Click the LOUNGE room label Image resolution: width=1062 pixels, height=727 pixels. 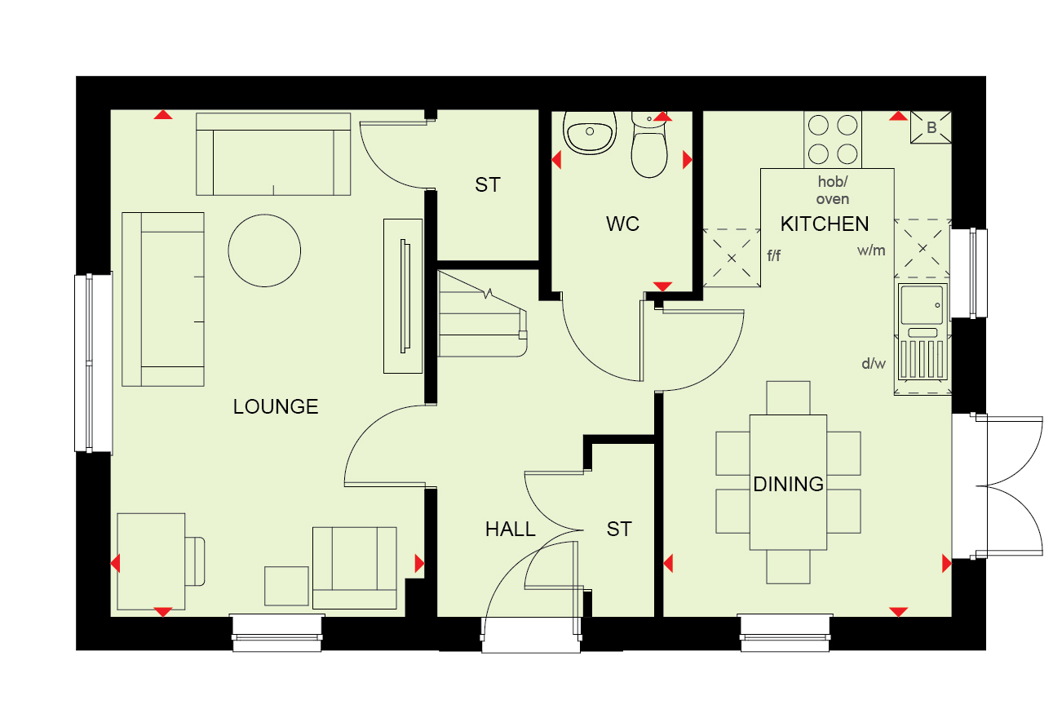coord(276,407)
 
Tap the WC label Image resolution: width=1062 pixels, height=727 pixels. coord(622,224)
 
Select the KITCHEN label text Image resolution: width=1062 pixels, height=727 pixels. coord(825,224)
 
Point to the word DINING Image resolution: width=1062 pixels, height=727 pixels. coord(788,484)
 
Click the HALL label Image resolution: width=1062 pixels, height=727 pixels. coord(510,530)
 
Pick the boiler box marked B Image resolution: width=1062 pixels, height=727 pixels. coord(931,127)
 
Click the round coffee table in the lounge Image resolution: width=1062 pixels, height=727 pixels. coord(264,250)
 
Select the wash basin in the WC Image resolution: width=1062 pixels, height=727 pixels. coord(589,132)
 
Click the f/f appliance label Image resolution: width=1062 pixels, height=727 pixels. coord(774,256)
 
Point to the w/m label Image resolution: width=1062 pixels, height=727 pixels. coord(871,250)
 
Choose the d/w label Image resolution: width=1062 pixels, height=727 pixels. coord(874,364)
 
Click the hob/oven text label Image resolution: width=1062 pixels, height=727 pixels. coord(833,190)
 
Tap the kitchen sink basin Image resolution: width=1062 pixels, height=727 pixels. coord(922,304)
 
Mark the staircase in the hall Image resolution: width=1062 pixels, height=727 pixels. coord(482,313)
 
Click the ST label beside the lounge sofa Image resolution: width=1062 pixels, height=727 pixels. coord(488,185)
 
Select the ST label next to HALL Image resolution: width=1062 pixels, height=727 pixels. coord(619,530)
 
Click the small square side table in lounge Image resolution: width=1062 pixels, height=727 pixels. coord(286,586)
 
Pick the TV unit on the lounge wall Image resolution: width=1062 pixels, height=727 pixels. coord(403,296)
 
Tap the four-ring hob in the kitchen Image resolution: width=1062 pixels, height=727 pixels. coord(833,140)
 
